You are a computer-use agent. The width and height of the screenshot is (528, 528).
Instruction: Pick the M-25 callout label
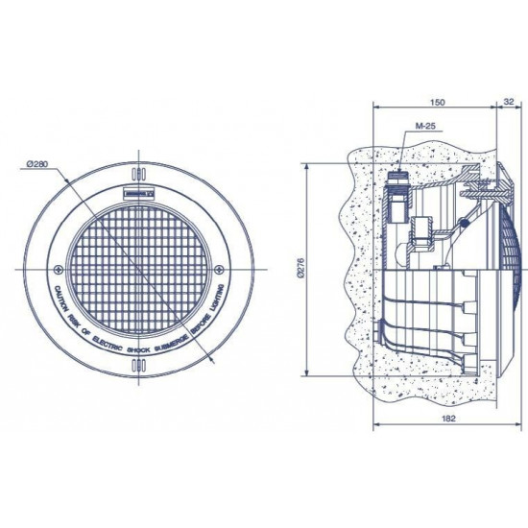click(423, 128)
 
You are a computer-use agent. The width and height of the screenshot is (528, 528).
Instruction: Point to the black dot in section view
click(464, 225)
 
